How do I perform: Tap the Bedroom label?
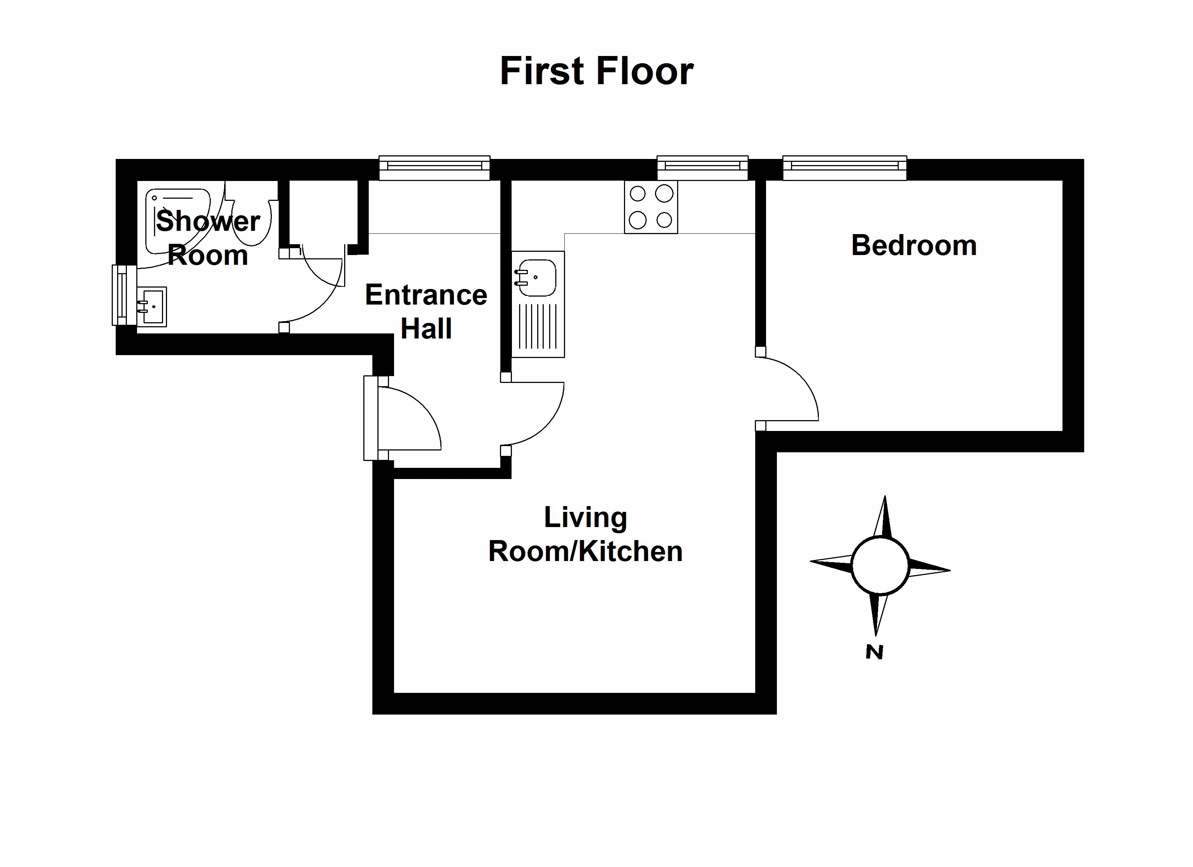coord(914,246)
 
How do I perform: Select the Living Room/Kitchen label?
coord(585,534)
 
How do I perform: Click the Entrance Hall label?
coord(426,311)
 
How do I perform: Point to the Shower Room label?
coord(208,238)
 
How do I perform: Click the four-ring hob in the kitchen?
coord(651,207)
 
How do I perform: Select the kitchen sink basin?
coord(536,277)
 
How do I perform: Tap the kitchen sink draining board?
coord(538,327)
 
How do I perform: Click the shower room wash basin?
coord(153,307)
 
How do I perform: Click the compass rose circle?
coord(880,566)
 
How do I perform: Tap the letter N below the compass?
coord(874,652)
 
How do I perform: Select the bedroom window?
coord(844,168)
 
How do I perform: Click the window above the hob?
coord(702,168)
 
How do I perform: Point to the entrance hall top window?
coord(435,168)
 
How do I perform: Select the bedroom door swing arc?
coord(794,387)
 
